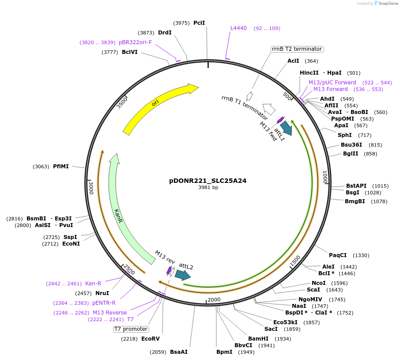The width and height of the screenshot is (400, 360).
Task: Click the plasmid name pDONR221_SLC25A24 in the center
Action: [x=208, y=181]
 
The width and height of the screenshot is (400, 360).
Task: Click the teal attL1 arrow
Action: [x=286, y=128]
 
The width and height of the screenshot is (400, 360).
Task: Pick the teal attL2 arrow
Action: [x=182, y=275]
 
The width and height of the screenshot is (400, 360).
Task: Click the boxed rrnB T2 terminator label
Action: [x=297, y=49]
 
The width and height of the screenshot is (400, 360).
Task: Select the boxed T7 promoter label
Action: [x=131, y=329]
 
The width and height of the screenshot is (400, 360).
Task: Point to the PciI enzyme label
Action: [x=199, y=23]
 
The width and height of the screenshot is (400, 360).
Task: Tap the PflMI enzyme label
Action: [x=60, y=167]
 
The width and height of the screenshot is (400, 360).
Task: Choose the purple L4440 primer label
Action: [x=238, y=28]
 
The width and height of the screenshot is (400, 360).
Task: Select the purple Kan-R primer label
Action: [x=93, y=284]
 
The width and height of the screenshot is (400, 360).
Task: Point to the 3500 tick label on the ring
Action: [x=122, y=102]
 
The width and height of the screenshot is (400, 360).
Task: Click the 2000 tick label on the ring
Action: [x=214, y=300]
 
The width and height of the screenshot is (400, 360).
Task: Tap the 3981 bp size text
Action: [x=208, y=188]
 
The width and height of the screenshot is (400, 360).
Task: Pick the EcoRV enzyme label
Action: [x=150, y=339]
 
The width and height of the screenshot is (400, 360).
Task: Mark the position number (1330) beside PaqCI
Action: [x=361, y=255]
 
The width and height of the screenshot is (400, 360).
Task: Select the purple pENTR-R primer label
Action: [x=104, y=303]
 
